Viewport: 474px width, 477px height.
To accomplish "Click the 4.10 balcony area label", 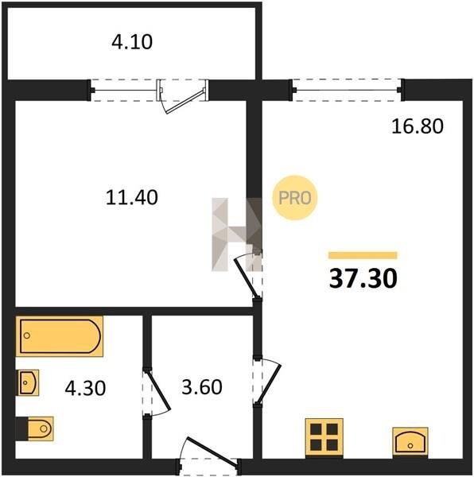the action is (x=132, y=42).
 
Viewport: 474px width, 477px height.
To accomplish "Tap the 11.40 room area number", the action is (x=132, y=197).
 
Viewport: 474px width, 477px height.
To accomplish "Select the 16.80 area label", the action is (x=417, y=126).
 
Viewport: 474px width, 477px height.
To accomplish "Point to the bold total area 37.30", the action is (x=363, y=279).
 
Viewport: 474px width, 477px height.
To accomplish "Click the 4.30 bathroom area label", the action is (x=85, y=388).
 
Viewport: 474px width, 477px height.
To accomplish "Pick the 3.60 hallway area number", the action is (x=202, y=387).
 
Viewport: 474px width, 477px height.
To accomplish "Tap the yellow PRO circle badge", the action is (x=294, y=198).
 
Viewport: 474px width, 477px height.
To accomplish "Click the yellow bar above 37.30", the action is (x=363, y=255).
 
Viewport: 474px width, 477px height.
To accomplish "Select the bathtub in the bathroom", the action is (x=60, y=336).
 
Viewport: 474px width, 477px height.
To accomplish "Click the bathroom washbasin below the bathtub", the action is (x=29, y=382).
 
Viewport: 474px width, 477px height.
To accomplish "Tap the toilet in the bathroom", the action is (x=35, y=429).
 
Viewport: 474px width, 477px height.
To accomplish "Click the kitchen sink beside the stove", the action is (x=410, y=441).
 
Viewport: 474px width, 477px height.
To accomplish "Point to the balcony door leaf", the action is (x=185, y=101).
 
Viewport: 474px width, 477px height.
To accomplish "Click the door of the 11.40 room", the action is (x=247, y=277).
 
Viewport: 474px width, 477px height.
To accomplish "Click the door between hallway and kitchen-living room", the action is (x=269, y=382).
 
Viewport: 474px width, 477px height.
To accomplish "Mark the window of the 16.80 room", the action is (x=347, y=90).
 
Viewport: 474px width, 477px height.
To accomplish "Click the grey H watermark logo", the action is (x=237, y=235).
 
